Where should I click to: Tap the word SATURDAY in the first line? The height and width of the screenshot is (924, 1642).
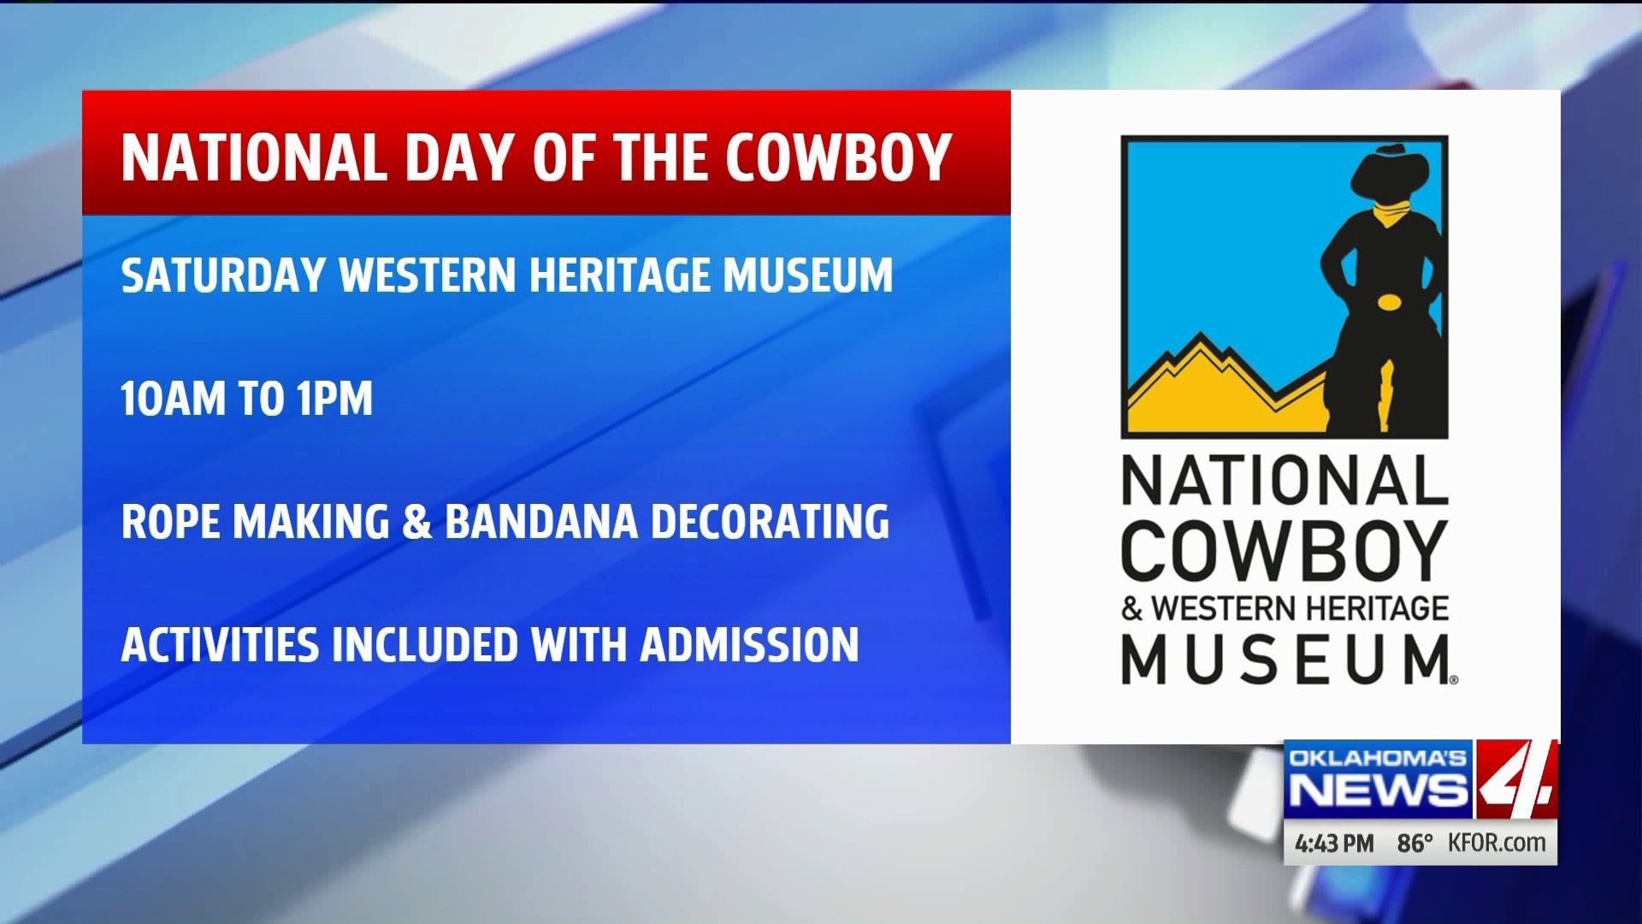[x=222, y=275]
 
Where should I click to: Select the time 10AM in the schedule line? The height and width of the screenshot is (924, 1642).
[x=170, y=399]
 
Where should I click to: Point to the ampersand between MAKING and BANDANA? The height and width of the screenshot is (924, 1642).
[x=416, y=521]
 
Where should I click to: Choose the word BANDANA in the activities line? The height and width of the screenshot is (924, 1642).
[x=541, y=521]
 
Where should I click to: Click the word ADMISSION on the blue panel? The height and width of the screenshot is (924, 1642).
[x=750, y=644]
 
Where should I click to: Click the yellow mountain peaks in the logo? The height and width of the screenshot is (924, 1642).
[x=1228, y=385]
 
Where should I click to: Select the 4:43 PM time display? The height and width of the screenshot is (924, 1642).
[x=1334, y=843]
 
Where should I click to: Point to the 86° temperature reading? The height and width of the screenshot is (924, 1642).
[x=1415, y=843]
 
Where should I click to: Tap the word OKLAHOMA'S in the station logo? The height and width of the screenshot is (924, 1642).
[x=1378, y=758]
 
